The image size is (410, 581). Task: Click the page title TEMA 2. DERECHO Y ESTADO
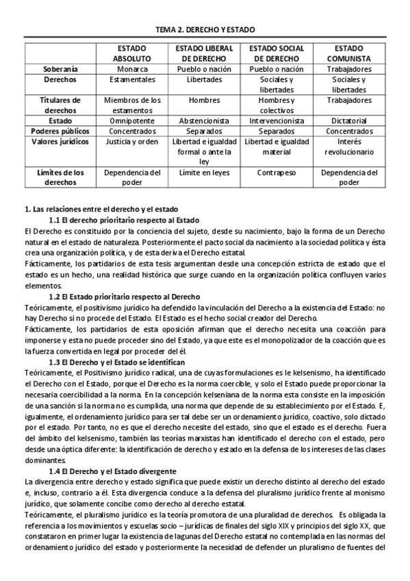tap(205, 30)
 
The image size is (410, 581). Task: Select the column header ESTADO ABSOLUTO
tap(132, 55)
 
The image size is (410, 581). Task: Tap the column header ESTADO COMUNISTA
tap(348, 55)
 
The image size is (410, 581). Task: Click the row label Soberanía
tap(60, 70)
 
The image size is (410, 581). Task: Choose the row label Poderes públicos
tap(60, 130)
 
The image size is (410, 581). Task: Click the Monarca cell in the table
tap(132, 70)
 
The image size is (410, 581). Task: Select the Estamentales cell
tap(132, 80)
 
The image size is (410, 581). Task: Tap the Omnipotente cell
tap(132, 120)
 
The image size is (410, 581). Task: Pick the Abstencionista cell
tap(204, 120)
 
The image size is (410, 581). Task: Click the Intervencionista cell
tap(276, 120)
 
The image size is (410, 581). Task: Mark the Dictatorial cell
tap(348, 120)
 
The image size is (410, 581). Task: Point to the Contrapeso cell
tap(276, 173)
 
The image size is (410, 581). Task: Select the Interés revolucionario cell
tap(348, 146)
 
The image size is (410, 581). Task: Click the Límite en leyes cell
tap(204, 173)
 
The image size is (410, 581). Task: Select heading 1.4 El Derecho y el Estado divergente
tap(113, 472)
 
